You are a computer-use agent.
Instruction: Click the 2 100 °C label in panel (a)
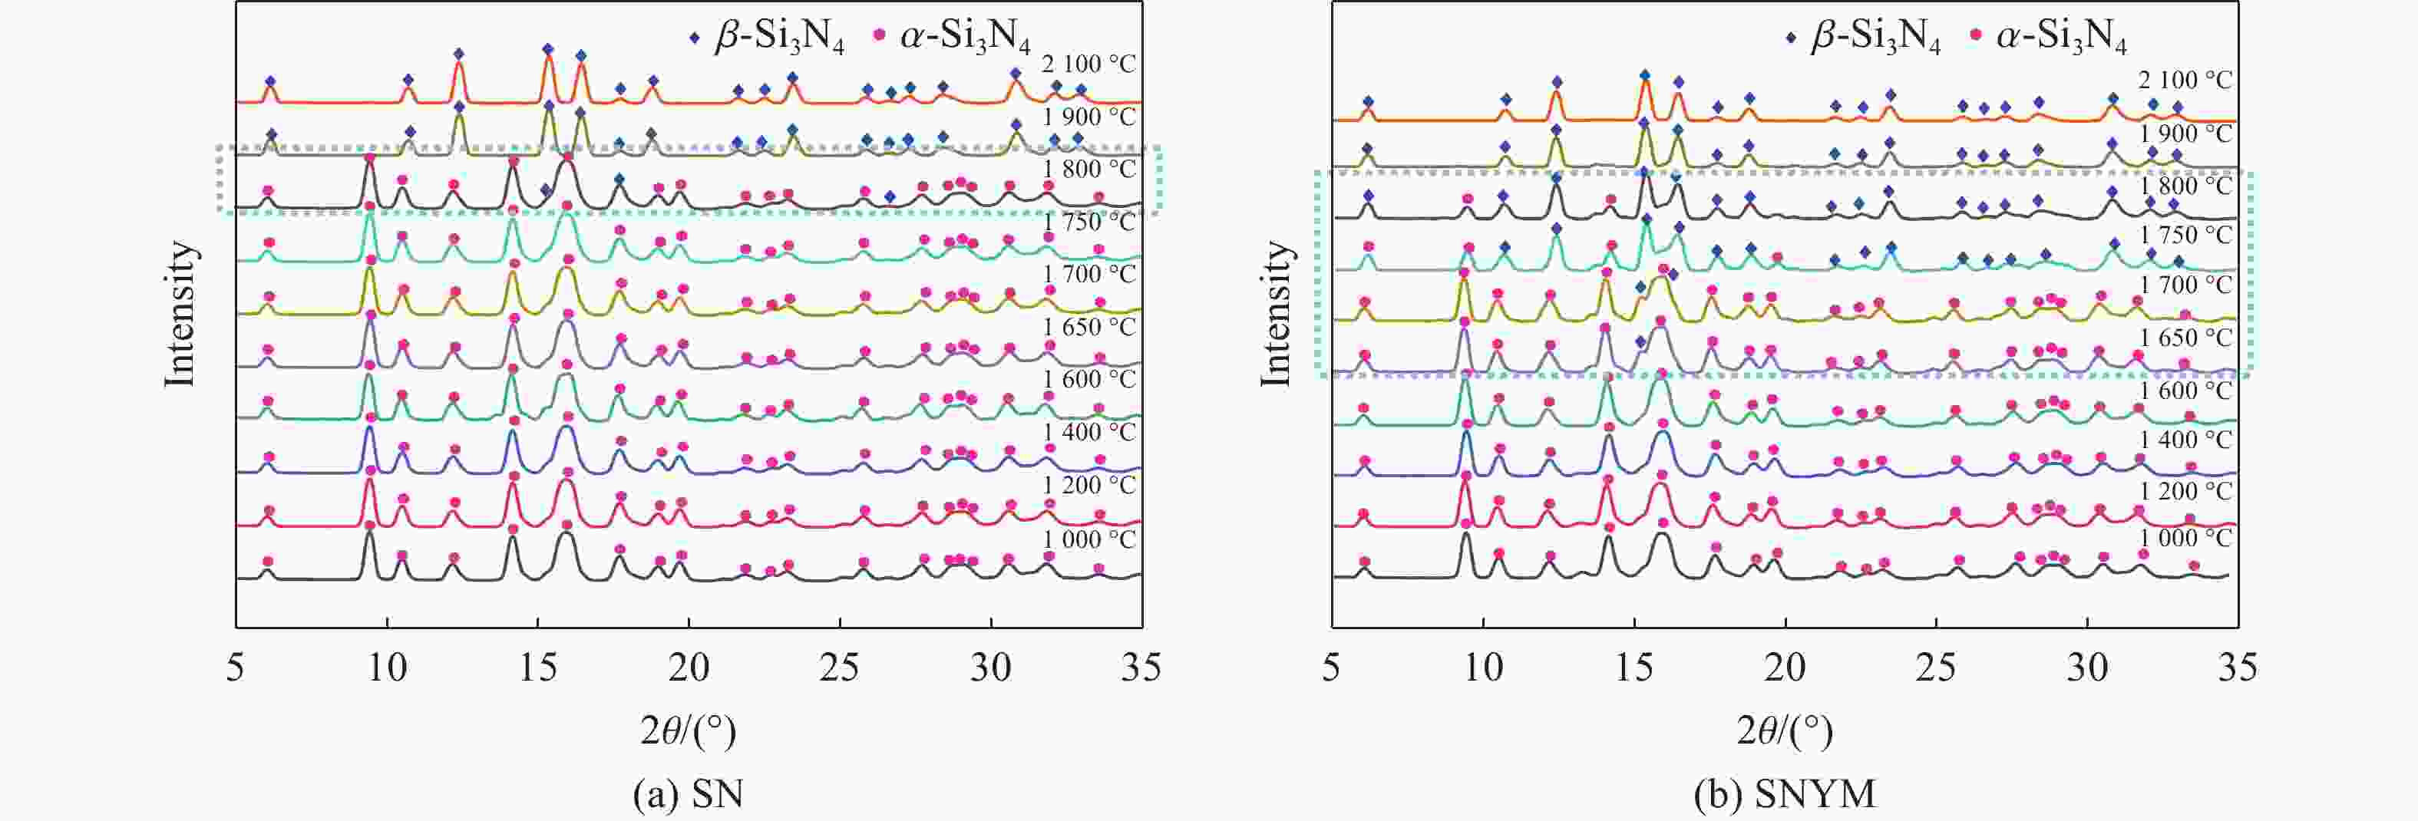1088,64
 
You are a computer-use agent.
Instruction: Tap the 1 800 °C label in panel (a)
1088,169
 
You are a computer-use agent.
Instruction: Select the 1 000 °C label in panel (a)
1088,539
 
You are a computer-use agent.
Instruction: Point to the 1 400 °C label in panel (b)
2185,439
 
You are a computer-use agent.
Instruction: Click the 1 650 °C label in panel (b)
2185,337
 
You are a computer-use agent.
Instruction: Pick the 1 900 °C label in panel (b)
2185,134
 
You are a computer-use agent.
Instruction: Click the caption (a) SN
688,795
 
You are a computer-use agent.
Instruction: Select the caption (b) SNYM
1785,795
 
